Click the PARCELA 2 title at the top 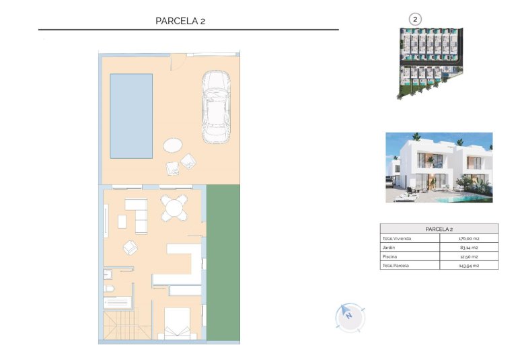pos(180,21)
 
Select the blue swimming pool pos(131,116)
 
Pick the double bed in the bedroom pos(177,323)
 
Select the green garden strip pos(223,262)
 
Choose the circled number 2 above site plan pos(415,20)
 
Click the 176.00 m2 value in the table pos(468,238)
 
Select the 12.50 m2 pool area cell pos(468,256)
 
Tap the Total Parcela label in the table pos(396,265)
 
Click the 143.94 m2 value pos(468,265)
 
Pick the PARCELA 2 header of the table pos(439,229)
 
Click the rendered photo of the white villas pos(439,167)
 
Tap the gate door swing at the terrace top pos(177,61)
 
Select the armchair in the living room pos(130,248)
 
